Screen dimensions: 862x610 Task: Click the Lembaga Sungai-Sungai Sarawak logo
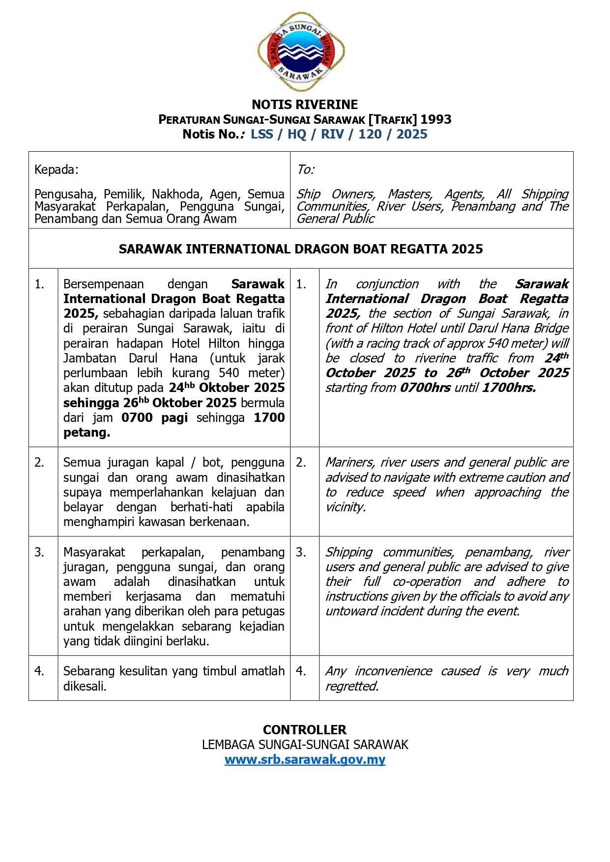(x=301, y=52)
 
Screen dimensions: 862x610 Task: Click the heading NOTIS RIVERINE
(x=305, y=105)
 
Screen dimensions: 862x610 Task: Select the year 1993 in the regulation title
(x=436, y=119)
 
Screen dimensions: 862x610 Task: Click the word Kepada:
(x=57, y=170)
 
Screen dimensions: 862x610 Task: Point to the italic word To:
(x=306, y=170)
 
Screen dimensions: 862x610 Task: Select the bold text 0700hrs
(x=425, y=388)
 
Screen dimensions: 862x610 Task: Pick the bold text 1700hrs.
(x=509, y=388)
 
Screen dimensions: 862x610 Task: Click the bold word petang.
(x=87, y=433)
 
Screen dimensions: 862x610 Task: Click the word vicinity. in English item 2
(x=346, y=507)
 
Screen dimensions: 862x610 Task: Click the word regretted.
(x=352, y=687)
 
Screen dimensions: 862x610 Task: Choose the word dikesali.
(x=85, y=687)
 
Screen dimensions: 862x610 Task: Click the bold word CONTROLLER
(x=305, y=730)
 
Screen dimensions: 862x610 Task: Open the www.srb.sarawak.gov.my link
(x=305, y=760)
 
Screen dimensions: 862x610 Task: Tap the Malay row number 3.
(x=39, y=553)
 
